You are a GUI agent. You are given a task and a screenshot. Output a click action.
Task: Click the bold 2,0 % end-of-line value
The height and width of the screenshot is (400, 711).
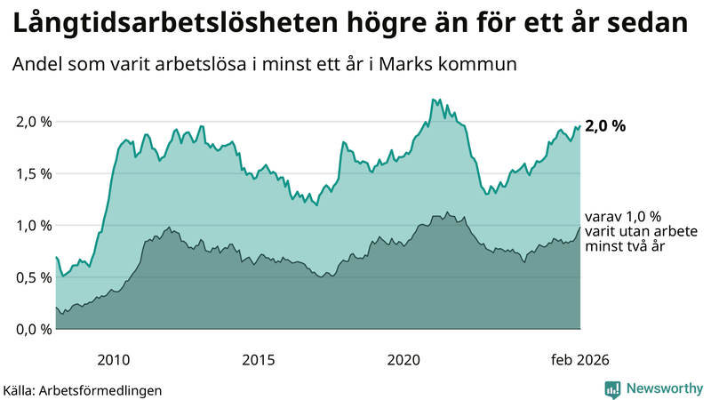(605, 125)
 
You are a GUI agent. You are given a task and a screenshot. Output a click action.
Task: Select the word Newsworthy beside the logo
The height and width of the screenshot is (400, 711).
(664, 388)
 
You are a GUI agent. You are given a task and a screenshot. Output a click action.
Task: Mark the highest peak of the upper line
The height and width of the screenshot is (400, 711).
(433, 100)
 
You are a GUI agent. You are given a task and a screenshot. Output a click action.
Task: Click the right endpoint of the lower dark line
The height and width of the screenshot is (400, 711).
(580, 227)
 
